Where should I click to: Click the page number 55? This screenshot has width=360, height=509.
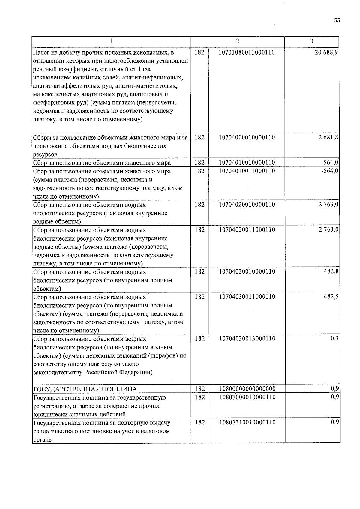tap(337, 20)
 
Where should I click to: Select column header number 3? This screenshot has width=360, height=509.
tap(312, 41)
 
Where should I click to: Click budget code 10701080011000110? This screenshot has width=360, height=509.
tap(247, 52)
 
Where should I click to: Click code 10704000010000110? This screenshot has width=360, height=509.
tap(247, 137)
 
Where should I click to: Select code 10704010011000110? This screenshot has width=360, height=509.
tap(247, 171)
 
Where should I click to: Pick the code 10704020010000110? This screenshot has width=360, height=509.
tap(247, 205)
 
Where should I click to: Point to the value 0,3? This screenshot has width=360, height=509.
tap(335, 338)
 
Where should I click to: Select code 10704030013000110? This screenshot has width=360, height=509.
tap(247, 338)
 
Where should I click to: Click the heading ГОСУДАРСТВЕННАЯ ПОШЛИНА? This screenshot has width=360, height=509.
tap(85, 389)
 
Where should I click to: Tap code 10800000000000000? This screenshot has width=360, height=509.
tap(247, 389)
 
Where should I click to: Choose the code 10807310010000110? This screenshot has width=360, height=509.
tap(247, 422)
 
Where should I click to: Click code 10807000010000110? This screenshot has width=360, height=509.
tap(247, 397)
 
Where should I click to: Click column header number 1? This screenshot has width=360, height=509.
tap(111, 41)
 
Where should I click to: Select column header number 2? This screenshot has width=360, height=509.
tap(237, 41)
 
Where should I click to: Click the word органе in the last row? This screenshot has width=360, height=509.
tap(42, 440)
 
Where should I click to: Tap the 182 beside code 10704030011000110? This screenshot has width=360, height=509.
tap(199, 297)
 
